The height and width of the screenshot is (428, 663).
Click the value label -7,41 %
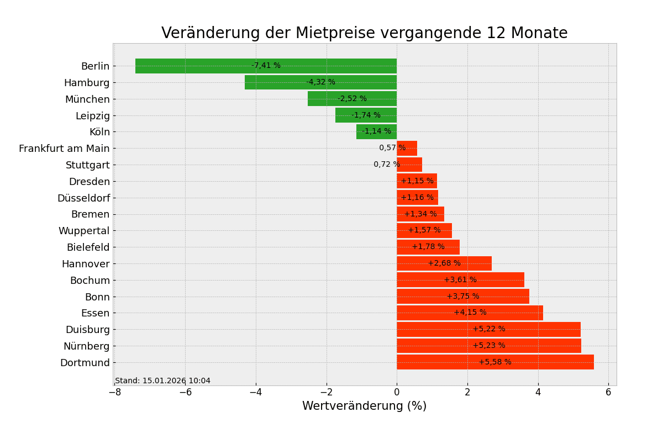click(266, 66)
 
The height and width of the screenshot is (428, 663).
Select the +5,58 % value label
click(494, 362)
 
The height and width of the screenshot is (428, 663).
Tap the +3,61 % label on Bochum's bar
click(460, 280)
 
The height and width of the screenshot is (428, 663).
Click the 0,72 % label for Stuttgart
click(386, 165)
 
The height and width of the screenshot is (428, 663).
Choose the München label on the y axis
click(87, 99)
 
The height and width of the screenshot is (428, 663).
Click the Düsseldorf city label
click(83, 198)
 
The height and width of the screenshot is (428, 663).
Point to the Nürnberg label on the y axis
click(86, 346)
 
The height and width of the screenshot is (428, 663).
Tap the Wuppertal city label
click(84, 231)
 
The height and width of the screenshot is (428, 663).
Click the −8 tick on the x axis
click(114, 392)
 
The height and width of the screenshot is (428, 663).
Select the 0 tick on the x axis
click(397, 392)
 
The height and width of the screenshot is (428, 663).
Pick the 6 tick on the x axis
click(608, 392)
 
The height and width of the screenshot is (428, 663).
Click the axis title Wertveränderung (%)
click(364, 406)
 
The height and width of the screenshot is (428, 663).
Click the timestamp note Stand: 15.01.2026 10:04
click(162, 381)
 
